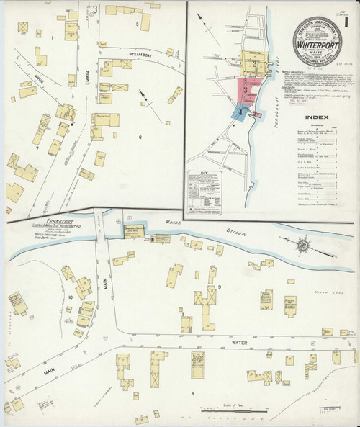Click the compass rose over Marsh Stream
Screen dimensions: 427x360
point(303,246)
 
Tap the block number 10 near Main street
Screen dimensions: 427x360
point(71,297)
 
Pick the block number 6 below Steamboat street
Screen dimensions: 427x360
point(140,136)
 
